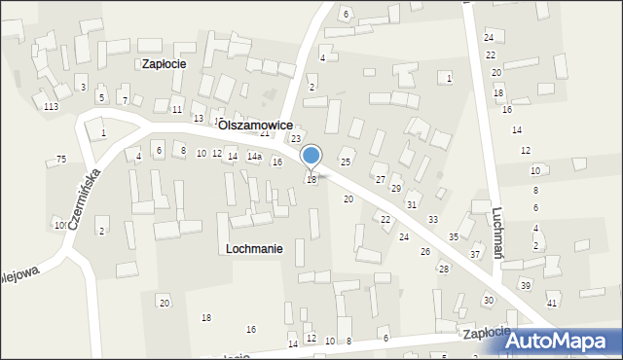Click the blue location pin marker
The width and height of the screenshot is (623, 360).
pos(311,156)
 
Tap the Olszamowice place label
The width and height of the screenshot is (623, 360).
pos(256,126)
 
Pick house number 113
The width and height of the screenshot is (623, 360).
pos(51,106)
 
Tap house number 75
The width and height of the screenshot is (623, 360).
pos(61,160)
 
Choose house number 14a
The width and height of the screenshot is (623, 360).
pos(254,157)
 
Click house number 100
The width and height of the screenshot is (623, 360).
pos(60,226)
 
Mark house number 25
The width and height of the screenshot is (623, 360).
pos(345,161)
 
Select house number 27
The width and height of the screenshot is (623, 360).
pos(381,180)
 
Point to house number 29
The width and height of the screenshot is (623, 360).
pos(396,188)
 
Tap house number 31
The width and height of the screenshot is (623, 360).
pos(412,204)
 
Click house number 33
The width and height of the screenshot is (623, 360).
pos(432,220)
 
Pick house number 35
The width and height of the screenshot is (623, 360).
pos(454,237)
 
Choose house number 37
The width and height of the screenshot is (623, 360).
pos(475,254)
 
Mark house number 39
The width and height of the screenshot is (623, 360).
pos(525,285)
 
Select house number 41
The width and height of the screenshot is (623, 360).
pos(552,304)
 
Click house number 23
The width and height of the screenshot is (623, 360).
pos(296,139)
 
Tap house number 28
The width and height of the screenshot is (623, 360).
pos(443,269)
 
